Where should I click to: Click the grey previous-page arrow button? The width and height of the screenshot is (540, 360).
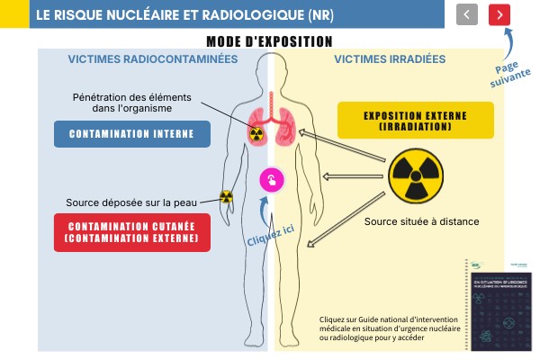click(467, 14)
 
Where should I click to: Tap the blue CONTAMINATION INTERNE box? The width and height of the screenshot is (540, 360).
click(131, 134)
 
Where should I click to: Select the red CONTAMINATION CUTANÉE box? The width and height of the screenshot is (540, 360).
click(131, 230)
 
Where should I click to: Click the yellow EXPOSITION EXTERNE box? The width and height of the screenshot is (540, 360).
click(415, 120)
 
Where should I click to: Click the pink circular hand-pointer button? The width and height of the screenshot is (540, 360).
click(272, 179)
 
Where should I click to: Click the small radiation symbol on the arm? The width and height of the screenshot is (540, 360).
click(225, 197)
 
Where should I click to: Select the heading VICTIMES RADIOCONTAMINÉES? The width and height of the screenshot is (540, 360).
click(153, 59)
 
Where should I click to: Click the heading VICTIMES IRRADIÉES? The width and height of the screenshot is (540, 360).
click(390, 59)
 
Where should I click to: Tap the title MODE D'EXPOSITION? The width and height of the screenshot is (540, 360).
click(269, 40)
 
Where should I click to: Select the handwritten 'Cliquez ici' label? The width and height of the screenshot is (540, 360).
click(270, 236)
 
